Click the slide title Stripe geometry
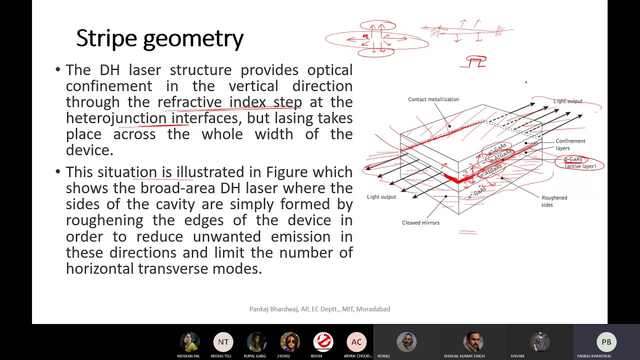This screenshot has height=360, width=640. [159, 38]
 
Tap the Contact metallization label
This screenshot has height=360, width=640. [433, 99]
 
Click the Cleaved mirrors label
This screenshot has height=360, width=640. [420, 223]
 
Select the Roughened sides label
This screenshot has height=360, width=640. [553, 201]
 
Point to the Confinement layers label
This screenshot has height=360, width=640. [570, 144]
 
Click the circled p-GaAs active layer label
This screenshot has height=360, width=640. [579, 163]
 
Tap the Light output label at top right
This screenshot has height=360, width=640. [567, 101]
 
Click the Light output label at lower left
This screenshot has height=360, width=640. [381, 197]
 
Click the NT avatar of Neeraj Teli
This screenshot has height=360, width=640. [223, 342]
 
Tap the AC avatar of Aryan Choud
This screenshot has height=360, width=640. [356, 342]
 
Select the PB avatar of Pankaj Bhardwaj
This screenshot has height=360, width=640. [606, 342]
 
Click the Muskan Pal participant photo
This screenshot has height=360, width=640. [189, 342]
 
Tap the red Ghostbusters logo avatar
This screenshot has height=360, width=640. [323, 342]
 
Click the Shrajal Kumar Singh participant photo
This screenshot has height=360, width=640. [473, 342]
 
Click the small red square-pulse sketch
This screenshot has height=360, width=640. [476, 62]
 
